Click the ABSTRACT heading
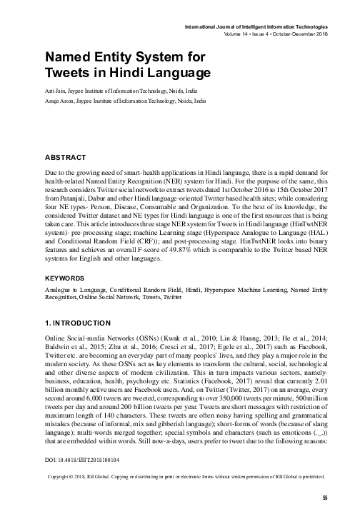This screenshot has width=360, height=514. click(x=65, y=156)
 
